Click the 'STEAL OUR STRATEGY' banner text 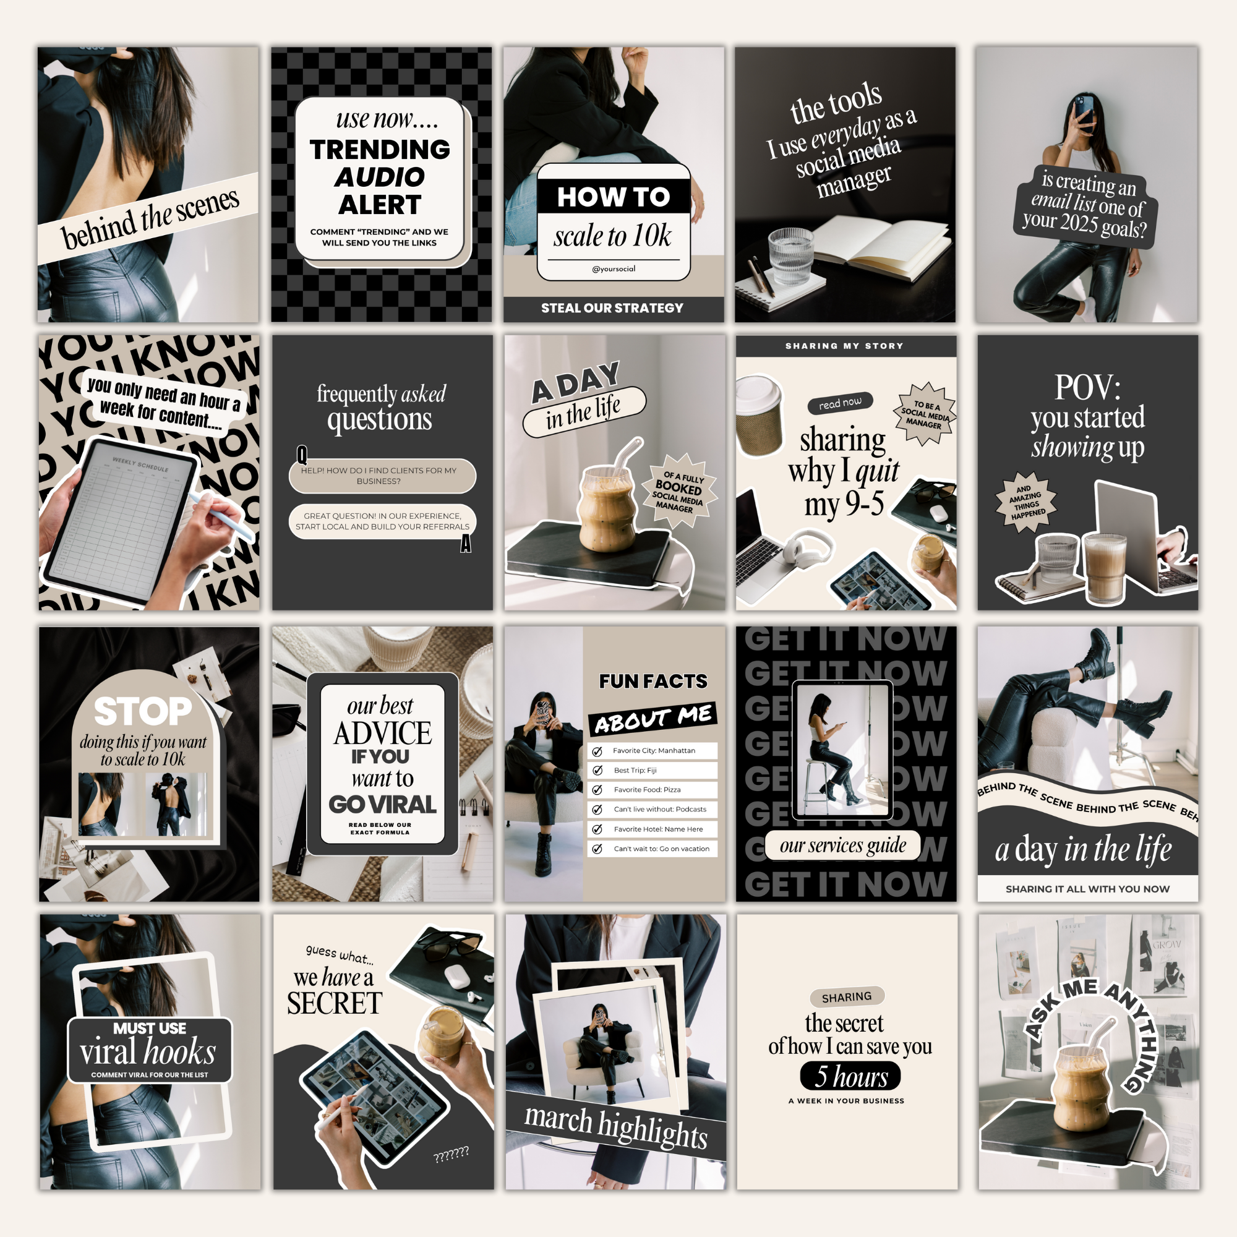[x=612, y=308]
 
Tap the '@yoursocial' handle [x=614, y=269]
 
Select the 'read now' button [x=840, y=403]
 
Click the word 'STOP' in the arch [x=143, y=711]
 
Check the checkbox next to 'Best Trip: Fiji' [x=597, y=770]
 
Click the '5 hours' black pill [x=850, y=1076]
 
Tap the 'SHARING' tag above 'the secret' [x=847, y=997]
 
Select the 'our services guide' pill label [x=842, y=845]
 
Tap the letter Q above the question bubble [x=302, y=455]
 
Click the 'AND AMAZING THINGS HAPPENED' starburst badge [x=1026, y=502]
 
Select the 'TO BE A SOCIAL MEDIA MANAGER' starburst [x=924, y=414]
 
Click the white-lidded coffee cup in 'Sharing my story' [x=759, y=415]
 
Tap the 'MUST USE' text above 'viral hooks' [x=149, y=1029]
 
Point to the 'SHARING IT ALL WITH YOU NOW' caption [x=1087, y=889]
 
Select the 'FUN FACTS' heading [x=653, y=681]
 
